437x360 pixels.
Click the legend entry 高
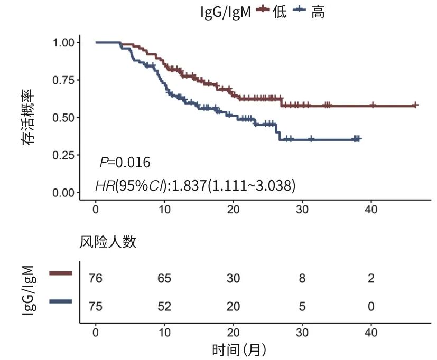tap(318, 11)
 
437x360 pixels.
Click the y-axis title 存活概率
tap(27, 117)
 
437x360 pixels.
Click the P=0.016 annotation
tap(125, 162)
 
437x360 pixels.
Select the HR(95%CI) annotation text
tap(195, 185)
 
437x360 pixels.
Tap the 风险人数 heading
tap(108, 242)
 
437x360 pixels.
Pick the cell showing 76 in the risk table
tap(96, 278)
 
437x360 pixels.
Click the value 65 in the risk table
tap(164, 278)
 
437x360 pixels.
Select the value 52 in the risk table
tap(164, 306)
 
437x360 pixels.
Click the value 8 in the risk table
tap(302, 278)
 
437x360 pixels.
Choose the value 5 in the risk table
tap(302, 306)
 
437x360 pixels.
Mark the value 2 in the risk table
tap(371, 278)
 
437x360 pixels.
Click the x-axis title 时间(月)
tap(239, 349)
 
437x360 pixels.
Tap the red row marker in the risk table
tap(60, 273)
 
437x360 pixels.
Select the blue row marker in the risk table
tap(60, 301)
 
